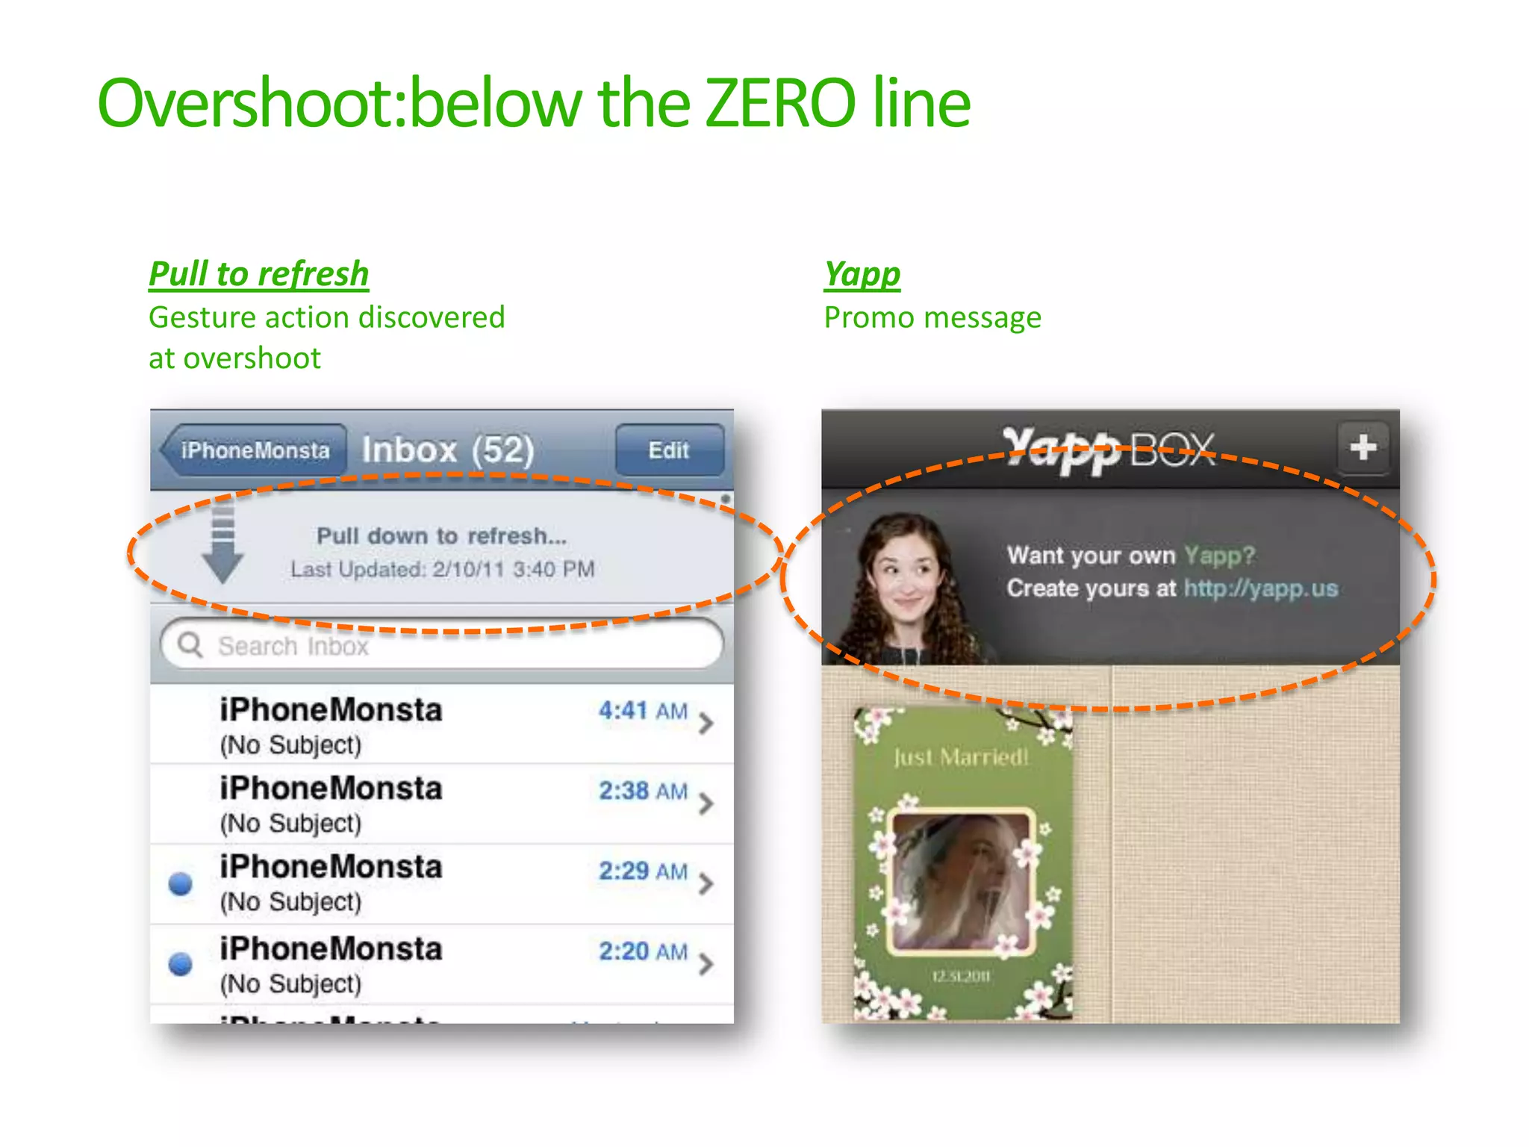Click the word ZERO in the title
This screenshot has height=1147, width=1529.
(779, 104)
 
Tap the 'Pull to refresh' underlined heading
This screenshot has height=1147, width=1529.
(258, 273)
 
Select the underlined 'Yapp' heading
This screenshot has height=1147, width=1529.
(862, 273)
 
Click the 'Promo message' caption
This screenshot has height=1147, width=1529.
(932, 318)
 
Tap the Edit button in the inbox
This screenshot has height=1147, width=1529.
(669, 450)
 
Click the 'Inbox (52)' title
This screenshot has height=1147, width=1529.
(448, 450)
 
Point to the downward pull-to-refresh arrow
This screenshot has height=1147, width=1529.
(222, 544)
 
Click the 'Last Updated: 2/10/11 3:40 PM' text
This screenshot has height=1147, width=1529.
(443, 570)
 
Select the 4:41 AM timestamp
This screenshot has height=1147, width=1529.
(643, 710)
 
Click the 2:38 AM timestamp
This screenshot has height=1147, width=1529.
(643, 791)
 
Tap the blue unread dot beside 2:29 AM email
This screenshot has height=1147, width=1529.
(181, 883)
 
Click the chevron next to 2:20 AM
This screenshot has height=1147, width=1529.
(706, 963)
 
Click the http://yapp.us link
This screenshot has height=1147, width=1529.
(1261, 588)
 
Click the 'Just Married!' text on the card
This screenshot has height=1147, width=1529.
(962, 757)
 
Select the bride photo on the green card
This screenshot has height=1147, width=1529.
(962, 881)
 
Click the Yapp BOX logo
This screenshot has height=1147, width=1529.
(1109, 450)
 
